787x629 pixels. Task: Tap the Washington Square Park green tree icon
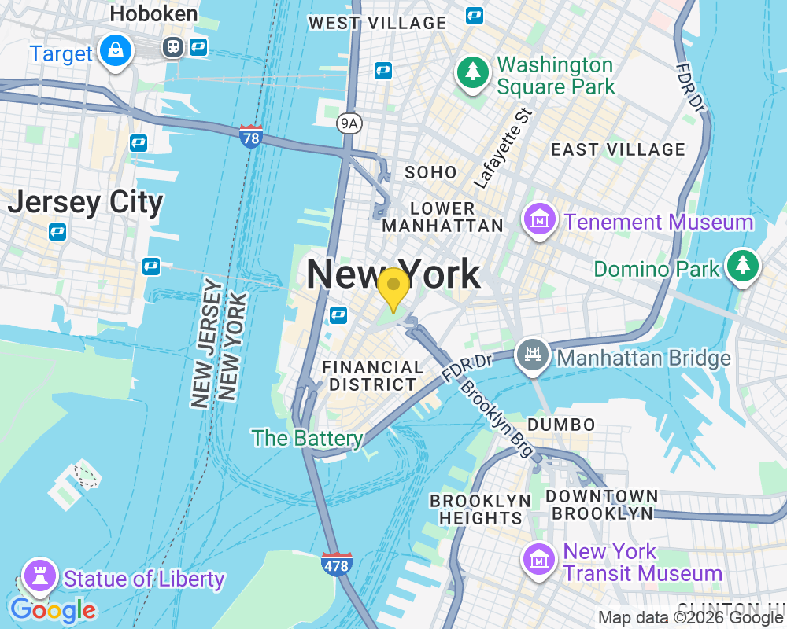click(472, 73)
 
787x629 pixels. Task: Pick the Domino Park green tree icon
click(742, 266)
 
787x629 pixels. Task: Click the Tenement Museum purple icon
click(541, 219)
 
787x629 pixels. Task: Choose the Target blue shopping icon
click(116, 50)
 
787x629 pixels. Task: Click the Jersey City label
click(85, 203)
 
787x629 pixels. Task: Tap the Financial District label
click(373, 376)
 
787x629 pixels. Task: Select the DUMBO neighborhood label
click(561, 425)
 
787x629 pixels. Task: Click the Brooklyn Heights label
click(480, 509)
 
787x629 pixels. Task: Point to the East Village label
click(618, 149)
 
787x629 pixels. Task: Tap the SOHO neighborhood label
click(430, 172)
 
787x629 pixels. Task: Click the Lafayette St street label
click(503, 149)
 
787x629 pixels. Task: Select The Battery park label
click(307, 438)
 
